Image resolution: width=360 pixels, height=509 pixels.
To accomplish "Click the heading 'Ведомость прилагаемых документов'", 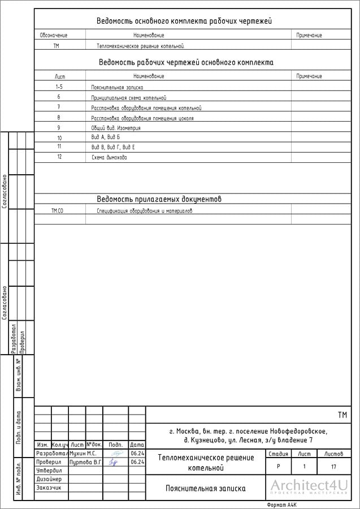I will [x=159, y=199].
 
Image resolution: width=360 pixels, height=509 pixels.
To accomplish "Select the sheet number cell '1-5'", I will [x=59, y=87].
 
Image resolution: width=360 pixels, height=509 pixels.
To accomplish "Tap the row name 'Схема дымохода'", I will [x=109, y=157].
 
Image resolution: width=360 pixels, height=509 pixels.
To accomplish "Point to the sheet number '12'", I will [x=59, y=157].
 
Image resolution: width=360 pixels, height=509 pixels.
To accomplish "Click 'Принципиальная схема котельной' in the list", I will [x=129, y=97].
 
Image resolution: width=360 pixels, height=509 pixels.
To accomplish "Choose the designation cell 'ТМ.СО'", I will [x=57, y=210].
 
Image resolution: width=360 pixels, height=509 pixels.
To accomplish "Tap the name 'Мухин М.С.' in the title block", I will [x=83, y=454].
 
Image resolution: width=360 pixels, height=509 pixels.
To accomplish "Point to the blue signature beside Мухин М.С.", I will [x=115, y=454].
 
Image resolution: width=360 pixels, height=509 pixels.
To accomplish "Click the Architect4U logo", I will [x=308, y=487].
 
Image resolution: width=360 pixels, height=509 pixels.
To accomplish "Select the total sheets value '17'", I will [x=333, y=467].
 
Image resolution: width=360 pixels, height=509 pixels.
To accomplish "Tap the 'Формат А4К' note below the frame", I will [x=281, y=504].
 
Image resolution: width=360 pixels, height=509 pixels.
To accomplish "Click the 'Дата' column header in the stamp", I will [x=137, y=445].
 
